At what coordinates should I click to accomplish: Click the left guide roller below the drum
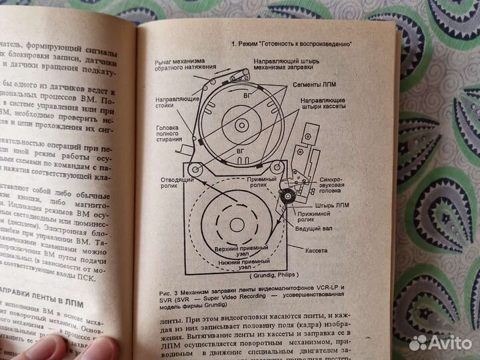point(195,168)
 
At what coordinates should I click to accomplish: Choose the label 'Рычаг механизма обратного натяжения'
point(179,64)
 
